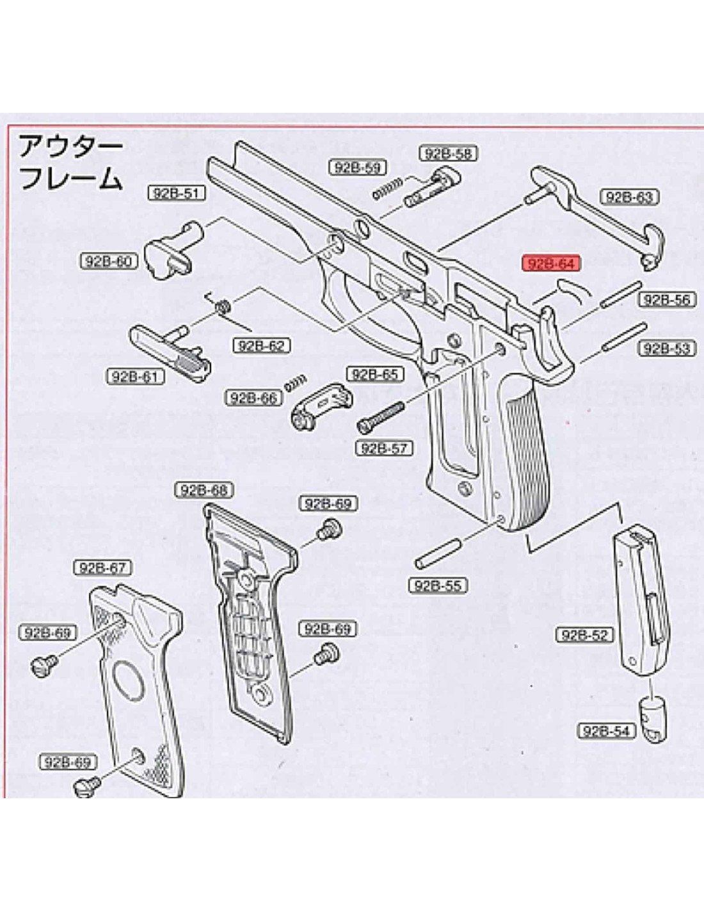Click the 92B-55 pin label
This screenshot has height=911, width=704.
click(438, 585)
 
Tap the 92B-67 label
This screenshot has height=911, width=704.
click(103, 568)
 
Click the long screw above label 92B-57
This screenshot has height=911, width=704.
click(381, 414)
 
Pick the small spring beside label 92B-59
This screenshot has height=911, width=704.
click(387, 188)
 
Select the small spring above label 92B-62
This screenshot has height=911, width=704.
click(223, 307)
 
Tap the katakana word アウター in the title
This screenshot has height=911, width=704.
click(70, 147)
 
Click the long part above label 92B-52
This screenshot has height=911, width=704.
click(638, 599)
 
